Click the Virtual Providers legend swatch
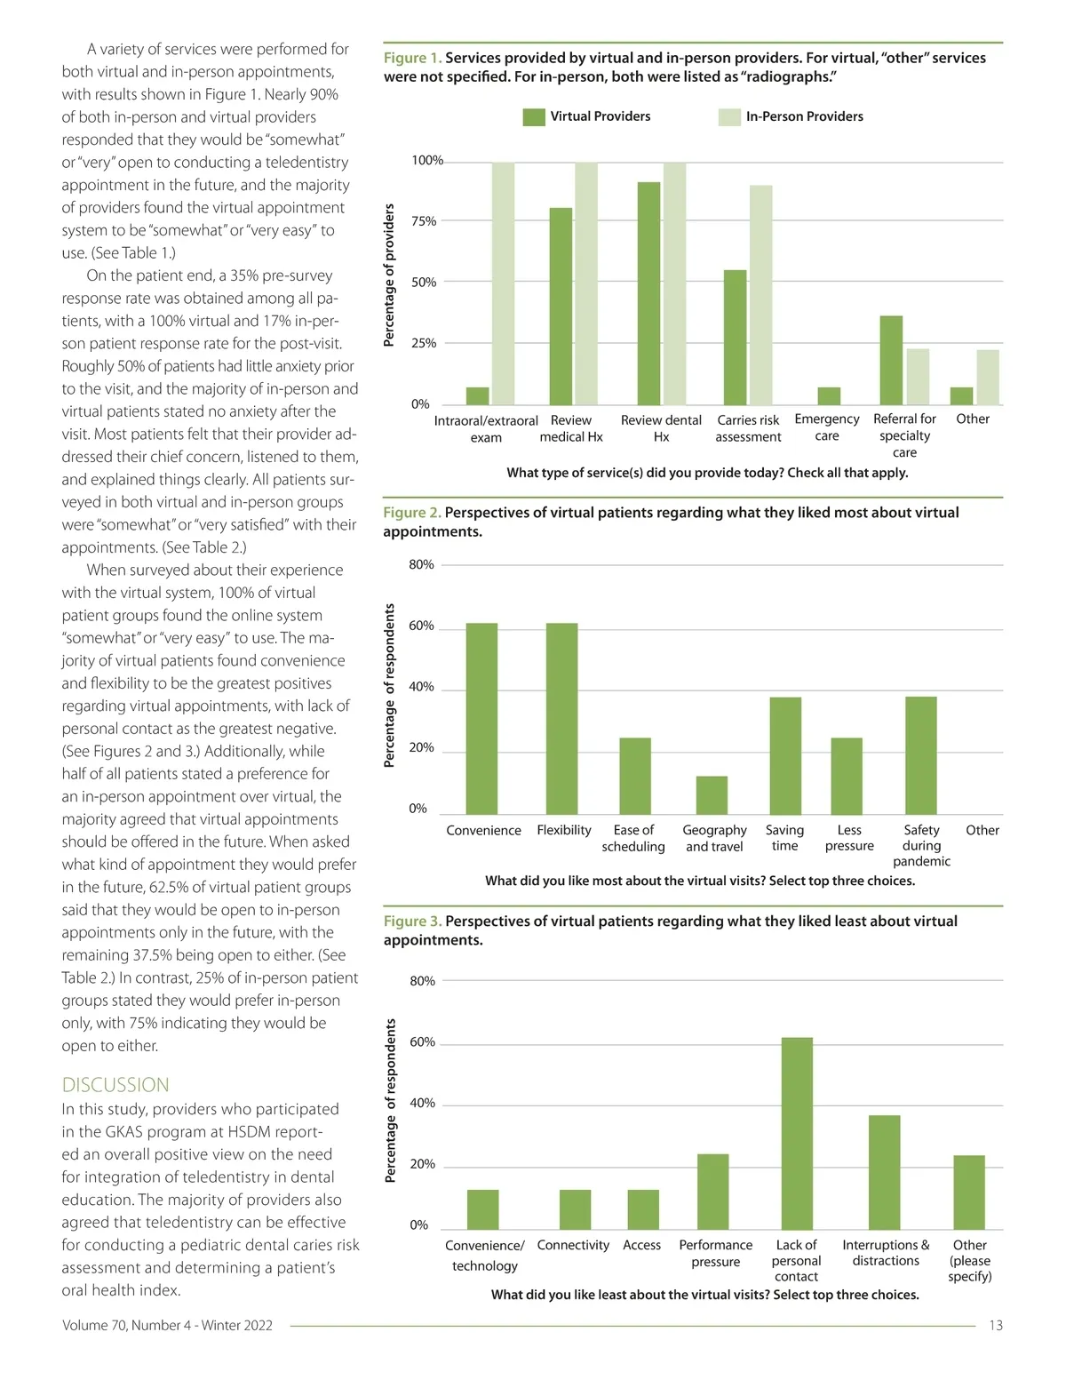point(534,117)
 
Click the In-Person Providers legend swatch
point(729,117)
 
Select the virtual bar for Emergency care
point(829,396)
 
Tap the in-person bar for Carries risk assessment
point(761,295)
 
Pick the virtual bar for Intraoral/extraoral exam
point(478,396)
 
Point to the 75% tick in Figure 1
point(424,221)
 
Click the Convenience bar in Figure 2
point(482,719)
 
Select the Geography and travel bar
point(712,795)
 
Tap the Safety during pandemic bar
point(921,755)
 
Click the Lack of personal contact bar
point(797,1134)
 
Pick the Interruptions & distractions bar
point(884,1172)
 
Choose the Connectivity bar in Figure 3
point(575,1209)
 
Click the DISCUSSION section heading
point(115,1085)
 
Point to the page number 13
point(996,1326)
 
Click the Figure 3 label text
point(412,921)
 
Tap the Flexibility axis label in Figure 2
point(564,830)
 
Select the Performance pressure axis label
point(716,1254)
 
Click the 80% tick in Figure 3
point(423,981)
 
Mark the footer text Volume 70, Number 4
point(167,1326)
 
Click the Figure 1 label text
point(412,58)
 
